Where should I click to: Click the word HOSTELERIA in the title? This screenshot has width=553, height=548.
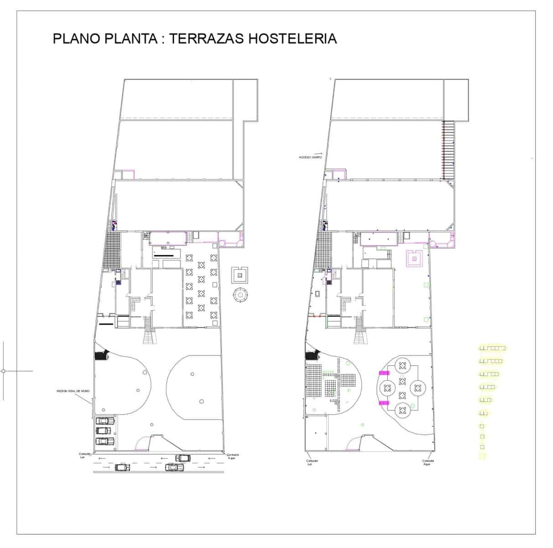tap(292, 38)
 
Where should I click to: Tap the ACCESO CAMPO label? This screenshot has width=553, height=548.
tap(310, 157)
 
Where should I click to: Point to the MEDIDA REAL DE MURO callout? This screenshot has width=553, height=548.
tap(71, 391)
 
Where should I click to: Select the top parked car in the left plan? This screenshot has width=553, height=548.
tap(105, 420)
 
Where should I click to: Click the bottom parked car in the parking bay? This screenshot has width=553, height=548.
tap(105, 441)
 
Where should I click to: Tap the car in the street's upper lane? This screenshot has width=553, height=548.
tap(183, 458)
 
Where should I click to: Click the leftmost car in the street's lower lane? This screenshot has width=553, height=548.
tap(123, 467)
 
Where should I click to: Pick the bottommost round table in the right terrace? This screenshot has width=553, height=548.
tap(402, 411)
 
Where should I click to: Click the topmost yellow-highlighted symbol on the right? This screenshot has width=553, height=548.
tap(492, 348)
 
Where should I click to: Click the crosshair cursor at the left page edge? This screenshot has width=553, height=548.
tap(3, 371)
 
